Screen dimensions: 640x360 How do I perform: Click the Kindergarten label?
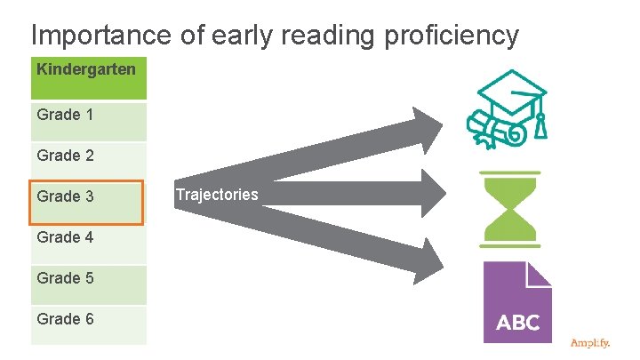87,68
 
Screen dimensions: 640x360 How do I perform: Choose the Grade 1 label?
66,115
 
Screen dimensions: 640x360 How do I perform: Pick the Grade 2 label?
66,156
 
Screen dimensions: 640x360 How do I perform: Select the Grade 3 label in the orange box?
66,196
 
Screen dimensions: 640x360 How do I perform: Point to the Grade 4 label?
66,237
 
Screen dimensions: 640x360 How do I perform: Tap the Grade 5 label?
66,278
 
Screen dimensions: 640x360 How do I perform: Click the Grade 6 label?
66,319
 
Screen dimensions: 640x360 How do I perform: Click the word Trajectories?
217,195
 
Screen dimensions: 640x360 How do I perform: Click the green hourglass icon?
509,209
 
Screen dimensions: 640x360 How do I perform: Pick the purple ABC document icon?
516,302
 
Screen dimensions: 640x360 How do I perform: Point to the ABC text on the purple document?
517,323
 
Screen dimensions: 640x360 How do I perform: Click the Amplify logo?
591,342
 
